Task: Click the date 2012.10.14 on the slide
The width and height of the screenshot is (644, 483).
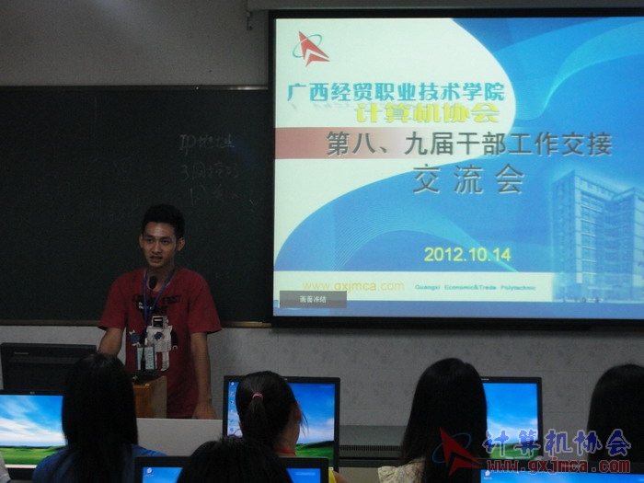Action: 467,254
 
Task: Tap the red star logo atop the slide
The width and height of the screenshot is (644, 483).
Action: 311,49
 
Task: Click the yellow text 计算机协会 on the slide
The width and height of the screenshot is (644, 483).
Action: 427,113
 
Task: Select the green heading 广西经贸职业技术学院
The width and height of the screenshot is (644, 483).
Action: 396,92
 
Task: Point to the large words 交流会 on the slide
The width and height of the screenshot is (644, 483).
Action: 467,178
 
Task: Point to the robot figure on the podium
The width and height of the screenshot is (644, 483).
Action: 158,342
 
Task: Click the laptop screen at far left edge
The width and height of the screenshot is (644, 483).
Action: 29,428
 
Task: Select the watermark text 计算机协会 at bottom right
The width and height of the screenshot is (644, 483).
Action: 557,443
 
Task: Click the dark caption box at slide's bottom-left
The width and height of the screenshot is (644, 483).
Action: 313,299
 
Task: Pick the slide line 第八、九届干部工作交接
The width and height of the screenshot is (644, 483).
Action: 468,144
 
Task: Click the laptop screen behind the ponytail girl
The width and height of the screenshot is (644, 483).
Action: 313,414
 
